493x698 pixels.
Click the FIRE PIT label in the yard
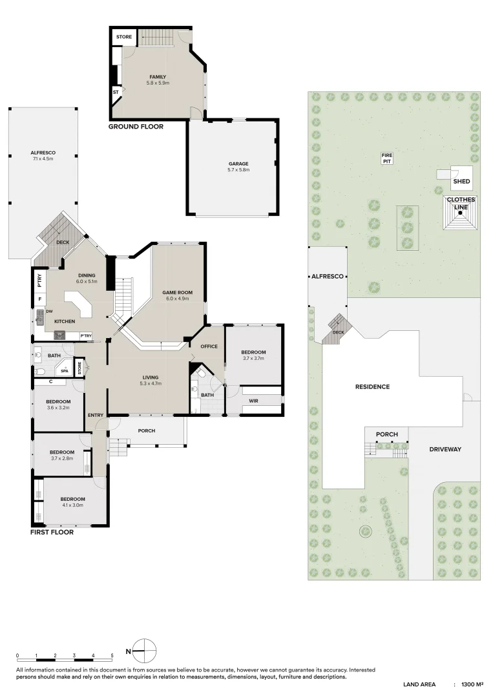tap(387, 157)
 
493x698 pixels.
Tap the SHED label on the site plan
tap(461, 182)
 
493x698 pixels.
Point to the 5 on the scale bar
tap(112, 656)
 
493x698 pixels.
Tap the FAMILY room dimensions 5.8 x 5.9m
tap(158, 83)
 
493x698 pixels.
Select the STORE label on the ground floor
tap(124, 37)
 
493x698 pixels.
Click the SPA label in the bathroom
tap(65, 371)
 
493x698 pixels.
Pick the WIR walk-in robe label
tap(253, 401)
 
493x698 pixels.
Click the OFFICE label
tap(209, 346)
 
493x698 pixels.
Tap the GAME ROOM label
tap(176, 293)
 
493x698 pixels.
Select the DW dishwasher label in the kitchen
tap(49, 312)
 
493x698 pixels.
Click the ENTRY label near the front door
tap(96, 415)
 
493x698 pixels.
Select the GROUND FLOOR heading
tap(136, 127)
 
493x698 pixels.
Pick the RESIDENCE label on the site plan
tap(372, 387)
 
